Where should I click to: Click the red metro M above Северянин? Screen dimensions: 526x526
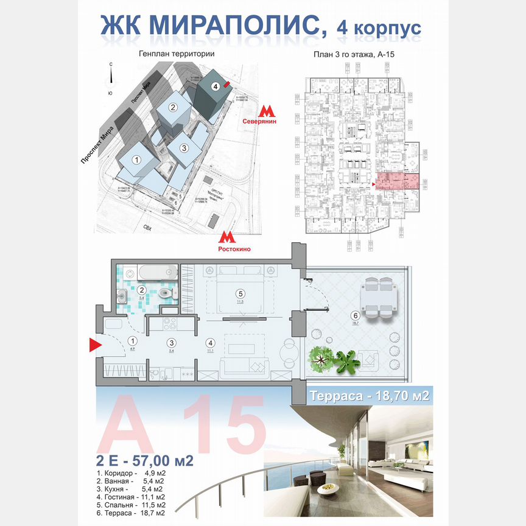pyautogui.click(x=266, y=111)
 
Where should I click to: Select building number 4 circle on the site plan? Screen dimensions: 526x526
pyautogui.click(x=216, y=86)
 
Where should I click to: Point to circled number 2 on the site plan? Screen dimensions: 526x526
pyautogui.click(x=173, y=108)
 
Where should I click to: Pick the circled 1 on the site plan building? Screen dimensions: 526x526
pyautogui.click(x=137, y=160)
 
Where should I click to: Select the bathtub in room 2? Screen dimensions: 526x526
pyautogui.click(x=157, y=272)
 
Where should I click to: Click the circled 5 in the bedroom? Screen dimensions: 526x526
pyautogui.click(x=240, y=292)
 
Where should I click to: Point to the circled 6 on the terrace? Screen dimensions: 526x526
pyautogui.click(x=355, y=315)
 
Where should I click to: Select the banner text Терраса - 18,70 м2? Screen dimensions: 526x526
pyautogui.click(x=370, y=396)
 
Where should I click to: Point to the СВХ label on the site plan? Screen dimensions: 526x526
pyautogui.click(x=147, y=227)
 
